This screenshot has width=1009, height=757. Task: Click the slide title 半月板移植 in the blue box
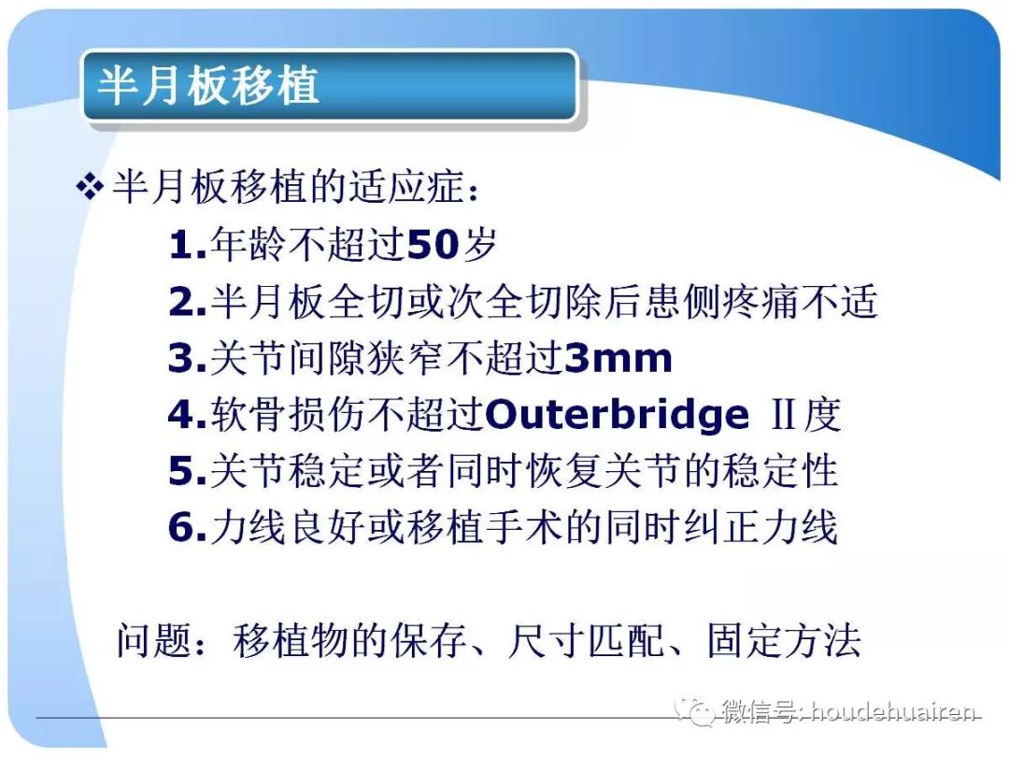209,85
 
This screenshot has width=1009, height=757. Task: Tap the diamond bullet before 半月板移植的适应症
89,189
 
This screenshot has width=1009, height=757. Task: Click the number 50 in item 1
434,246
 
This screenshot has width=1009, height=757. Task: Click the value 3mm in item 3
618,359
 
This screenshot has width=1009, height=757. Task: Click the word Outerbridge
618,415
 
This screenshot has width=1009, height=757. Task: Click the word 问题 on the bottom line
152,641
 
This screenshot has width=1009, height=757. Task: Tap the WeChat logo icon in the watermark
697,711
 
